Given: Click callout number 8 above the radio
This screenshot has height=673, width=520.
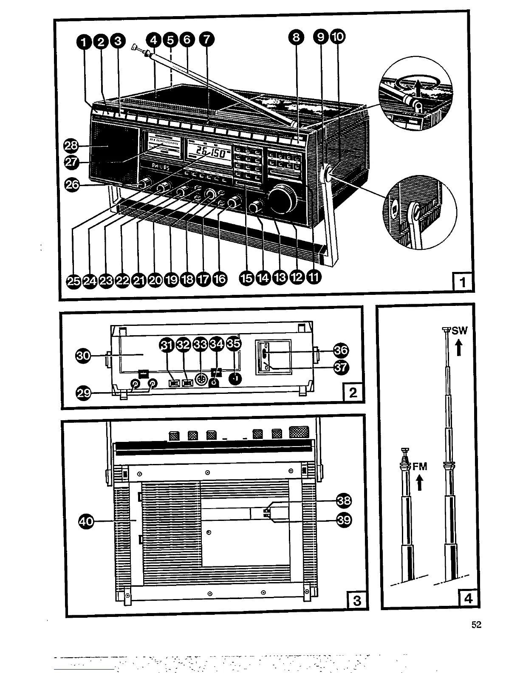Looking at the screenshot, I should [x=296, y=38].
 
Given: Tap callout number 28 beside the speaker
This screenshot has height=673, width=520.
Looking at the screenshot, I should [x=71, y=146].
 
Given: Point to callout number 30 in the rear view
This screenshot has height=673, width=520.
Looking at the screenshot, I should [x=84, y=355].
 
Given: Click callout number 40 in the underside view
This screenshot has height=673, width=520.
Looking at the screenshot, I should [x=86, y=521].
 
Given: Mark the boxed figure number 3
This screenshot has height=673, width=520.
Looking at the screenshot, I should [x=357, y=600].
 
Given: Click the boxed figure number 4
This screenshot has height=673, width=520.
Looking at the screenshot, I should [x=469, y=598].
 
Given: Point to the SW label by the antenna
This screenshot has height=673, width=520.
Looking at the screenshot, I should [x=459, y=331].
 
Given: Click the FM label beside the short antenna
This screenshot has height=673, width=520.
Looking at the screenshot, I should [x=420, y=467].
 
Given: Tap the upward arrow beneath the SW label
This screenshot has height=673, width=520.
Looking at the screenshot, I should [x=459, y=348].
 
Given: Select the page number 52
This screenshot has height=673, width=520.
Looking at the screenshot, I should [x=476, y=625].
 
